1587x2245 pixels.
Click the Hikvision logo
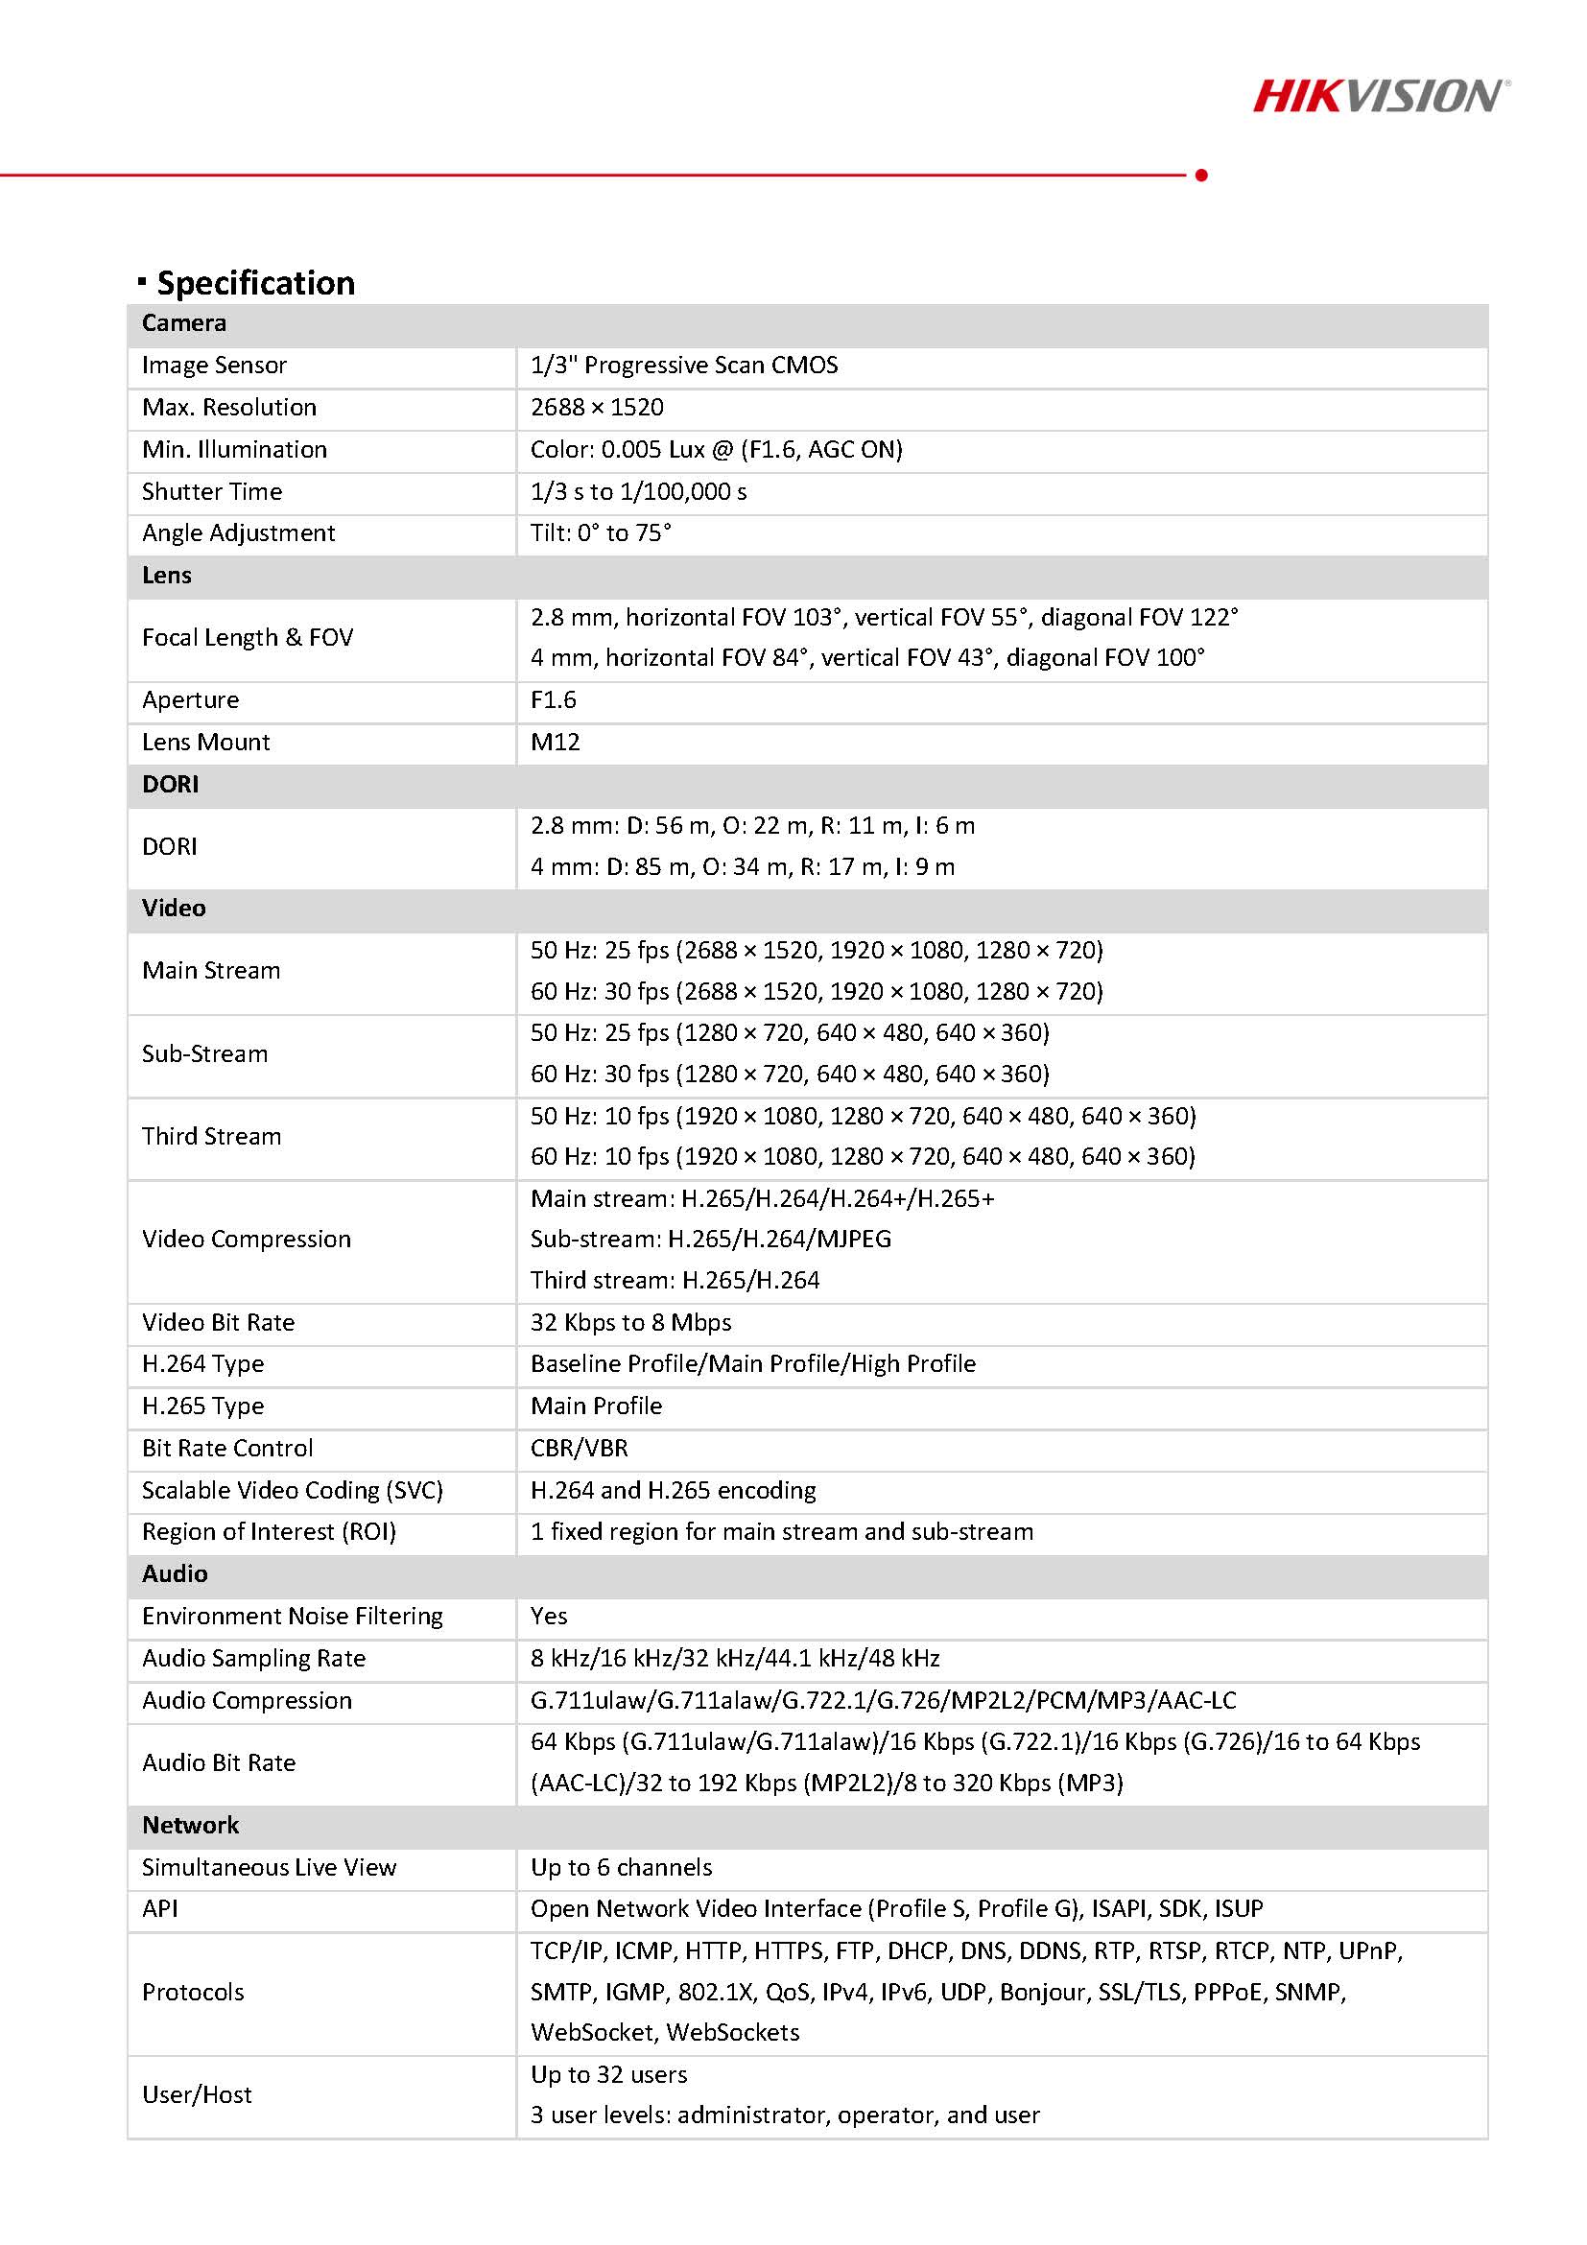1380,96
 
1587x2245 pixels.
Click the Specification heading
255,283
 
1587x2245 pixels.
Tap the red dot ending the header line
1200,175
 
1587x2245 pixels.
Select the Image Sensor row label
214,366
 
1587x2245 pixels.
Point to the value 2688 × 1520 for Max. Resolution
597,408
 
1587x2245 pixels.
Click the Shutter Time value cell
637,492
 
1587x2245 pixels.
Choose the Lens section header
166,575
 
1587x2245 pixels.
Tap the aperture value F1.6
554,700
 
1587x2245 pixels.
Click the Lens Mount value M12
555,743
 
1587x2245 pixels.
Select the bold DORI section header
170,784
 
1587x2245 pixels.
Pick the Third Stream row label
211,1136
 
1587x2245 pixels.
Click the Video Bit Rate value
630,1322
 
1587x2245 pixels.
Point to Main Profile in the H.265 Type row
596,1406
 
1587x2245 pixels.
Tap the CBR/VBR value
579,1448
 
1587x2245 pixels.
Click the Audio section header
174,1573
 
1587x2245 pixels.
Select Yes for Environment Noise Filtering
549,1616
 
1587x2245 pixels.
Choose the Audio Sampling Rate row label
253,1659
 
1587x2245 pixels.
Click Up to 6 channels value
621,1867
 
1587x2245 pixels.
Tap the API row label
159,1908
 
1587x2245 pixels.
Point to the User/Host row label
197,2094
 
